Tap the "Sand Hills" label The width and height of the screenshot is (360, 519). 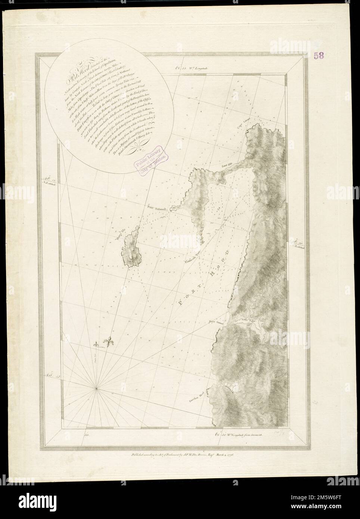[x=227, y=164]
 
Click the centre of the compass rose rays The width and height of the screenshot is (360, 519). [x=97, y=389]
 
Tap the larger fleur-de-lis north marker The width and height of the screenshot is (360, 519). [x=109, y=343]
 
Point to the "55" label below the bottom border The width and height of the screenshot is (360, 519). [x=88, y=434]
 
